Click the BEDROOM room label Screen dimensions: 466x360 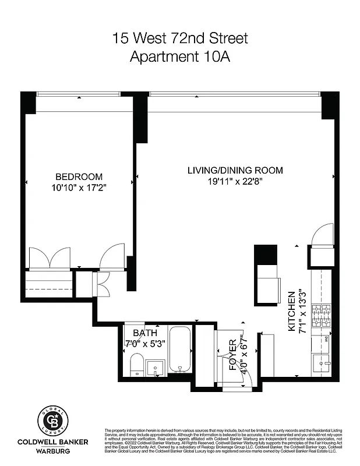(79, 176)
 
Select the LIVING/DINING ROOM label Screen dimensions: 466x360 (235, 170)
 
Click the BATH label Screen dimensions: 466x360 (145, 333)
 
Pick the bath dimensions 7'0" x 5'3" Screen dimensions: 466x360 (146, 343)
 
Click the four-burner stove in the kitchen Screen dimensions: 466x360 (321, 317)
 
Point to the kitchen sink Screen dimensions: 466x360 (321, 364)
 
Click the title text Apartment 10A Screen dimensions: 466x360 (180, 57)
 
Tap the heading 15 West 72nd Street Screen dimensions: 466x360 (180, 39)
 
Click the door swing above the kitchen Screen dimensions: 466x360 (322, 235)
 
